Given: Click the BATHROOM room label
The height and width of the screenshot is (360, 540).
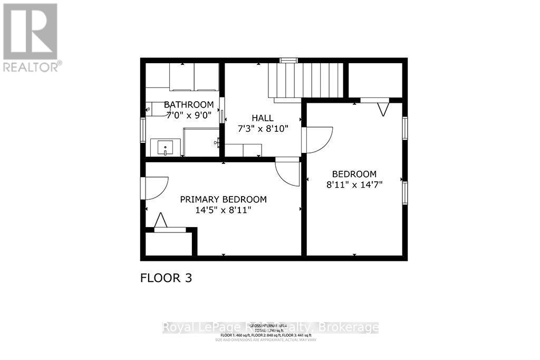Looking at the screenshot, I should [x=189, y=104].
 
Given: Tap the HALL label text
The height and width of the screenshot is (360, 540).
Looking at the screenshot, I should [x=262, y=118].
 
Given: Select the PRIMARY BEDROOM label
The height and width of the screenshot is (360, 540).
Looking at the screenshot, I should [x=223, y=199].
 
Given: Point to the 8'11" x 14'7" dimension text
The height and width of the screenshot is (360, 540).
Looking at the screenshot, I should [x=354, y=184].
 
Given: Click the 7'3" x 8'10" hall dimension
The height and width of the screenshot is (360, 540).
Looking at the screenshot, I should [x=262, y=129].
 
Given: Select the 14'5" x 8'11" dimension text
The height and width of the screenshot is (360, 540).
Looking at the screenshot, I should [x=223, y=210].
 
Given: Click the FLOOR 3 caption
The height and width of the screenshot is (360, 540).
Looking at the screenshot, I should [x=166, y=278].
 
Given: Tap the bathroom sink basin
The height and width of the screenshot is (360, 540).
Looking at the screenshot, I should [x=165, y=148].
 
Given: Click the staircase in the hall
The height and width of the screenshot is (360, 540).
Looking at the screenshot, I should [x=306, y=80].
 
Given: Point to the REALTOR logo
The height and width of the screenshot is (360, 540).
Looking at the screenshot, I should [x=30, y=37].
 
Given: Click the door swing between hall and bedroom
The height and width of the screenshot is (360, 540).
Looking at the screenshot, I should [x=319, y=140].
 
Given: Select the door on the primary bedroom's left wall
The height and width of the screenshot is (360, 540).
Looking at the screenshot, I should [x=155, y=188].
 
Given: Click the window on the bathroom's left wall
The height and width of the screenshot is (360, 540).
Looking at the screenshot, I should [x=142, y=130].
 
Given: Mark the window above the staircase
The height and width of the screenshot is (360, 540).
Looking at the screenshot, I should [x=288, y=61].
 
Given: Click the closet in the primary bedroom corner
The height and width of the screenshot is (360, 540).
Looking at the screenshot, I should [x=168, y=244].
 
